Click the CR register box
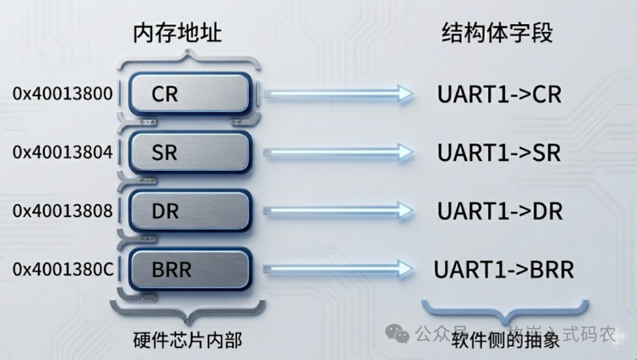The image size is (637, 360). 189,94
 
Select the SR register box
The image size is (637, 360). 189,152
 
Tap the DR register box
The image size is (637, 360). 189,211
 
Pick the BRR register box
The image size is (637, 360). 189,270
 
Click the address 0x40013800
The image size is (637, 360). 63,94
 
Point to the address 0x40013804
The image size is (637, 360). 63,152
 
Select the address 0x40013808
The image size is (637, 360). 63,211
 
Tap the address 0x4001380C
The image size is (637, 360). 63,270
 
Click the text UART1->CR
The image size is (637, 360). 499,94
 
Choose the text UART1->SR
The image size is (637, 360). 499,153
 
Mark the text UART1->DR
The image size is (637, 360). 499,211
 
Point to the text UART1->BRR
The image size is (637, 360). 504,270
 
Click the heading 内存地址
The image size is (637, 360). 177,33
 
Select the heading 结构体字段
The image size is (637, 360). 497,33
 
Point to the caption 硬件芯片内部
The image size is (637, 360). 188,341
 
